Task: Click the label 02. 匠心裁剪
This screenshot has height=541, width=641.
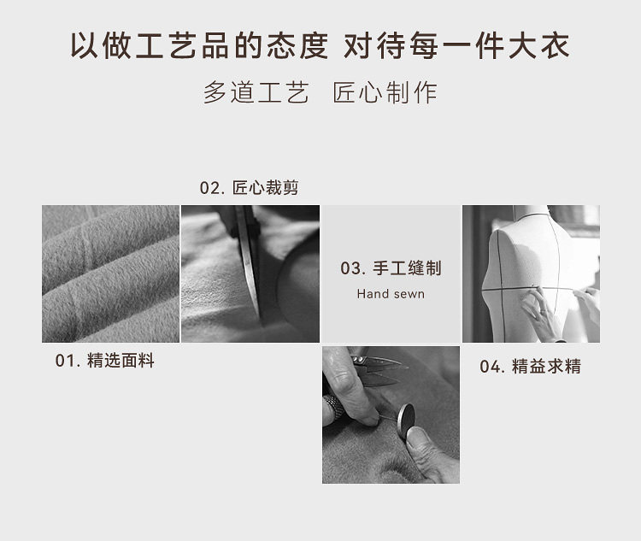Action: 249,188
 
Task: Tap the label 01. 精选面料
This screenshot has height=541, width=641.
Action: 104,361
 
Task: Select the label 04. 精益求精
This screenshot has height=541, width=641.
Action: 530,367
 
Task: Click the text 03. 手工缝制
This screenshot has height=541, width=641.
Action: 391,268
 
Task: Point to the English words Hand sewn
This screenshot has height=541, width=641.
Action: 391,294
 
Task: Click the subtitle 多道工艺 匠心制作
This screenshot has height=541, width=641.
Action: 320,92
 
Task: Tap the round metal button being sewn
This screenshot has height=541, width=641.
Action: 406,420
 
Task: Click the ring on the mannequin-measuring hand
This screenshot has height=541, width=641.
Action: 543,312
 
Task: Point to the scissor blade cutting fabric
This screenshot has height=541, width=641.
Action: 250,261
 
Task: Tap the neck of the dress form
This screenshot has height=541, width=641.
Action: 531,211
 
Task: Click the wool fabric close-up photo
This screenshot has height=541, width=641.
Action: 110,273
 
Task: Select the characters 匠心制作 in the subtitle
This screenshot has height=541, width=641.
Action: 385,92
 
